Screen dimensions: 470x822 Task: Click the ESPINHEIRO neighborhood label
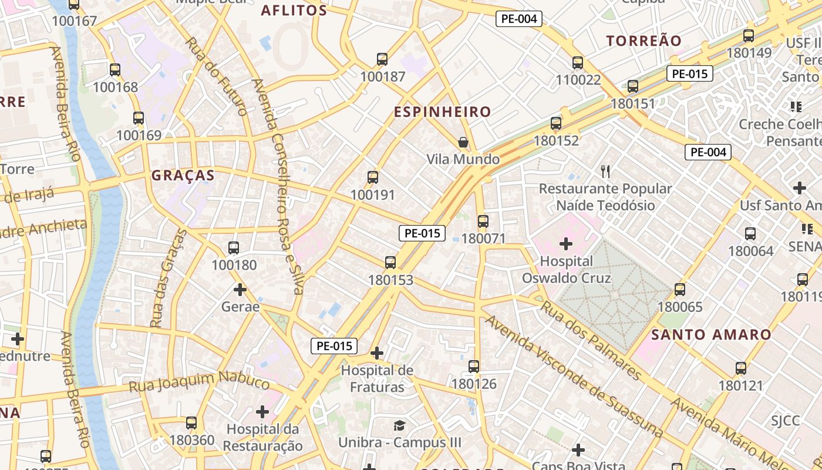pos(442,112)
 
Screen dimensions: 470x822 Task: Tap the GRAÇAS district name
pos(183,175)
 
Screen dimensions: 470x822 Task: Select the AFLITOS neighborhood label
pos(294,11)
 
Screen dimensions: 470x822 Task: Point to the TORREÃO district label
pos(644,41)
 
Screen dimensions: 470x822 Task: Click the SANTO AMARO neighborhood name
pos(712,335)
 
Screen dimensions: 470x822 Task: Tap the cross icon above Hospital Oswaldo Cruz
pos(566,243)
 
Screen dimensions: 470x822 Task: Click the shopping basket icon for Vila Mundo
pos(463,142)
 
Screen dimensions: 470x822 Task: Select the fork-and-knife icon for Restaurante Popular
pos(605,172)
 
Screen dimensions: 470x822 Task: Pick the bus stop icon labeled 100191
pos(372,177)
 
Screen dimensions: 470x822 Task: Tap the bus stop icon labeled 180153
pos(390,263)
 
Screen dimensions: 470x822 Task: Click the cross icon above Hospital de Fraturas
pos(377,353)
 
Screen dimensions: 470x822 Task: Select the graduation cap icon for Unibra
pos(399,425)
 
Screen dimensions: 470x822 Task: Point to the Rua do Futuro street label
pos(215,75)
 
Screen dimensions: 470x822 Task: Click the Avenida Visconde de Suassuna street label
pos(574,377)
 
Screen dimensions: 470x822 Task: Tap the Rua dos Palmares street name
pos(590,340)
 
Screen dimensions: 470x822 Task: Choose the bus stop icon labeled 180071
pos(483,221)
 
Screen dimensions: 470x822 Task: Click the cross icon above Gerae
pos(240,289)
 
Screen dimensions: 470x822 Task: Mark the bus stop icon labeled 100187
pos(382,59)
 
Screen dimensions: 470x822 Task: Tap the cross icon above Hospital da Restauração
pos(262,412)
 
